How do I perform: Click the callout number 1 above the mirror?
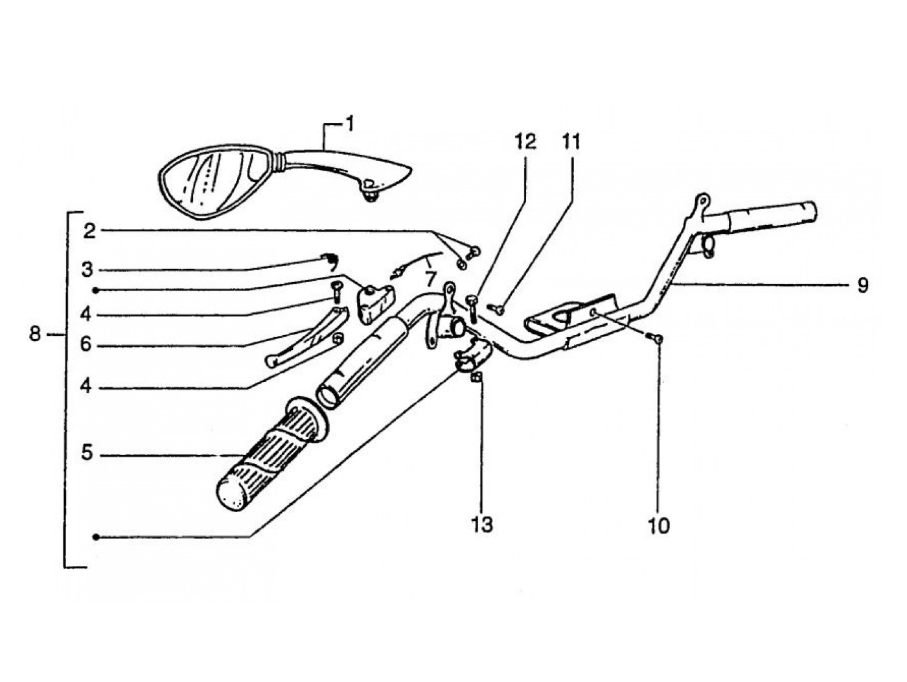click(349, 123)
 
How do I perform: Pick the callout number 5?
click(87, 454)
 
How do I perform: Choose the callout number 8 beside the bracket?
click(36, 334)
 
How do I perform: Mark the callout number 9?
click(862, 285)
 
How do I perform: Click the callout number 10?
click(658, 525)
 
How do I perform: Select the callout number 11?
click(571, 142)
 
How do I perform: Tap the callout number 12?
click(526, 142)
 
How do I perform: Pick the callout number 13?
click(482, 524)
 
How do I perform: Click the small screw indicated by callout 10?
click(657, 338)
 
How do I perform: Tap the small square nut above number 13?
click(476, 378)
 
